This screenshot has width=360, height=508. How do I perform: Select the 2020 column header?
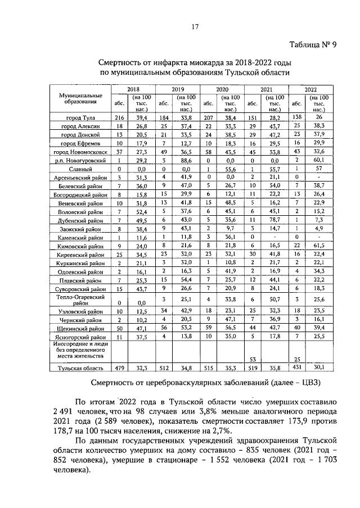222,89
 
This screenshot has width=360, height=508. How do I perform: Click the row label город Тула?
80,117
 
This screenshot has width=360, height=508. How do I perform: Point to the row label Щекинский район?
80,328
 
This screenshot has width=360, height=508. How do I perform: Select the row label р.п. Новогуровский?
80,161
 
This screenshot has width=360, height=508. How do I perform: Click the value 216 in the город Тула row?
119,117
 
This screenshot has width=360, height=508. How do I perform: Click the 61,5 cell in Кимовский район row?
318,246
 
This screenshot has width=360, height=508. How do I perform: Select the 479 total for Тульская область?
119,368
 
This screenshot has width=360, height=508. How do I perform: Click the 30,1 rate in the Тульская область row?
318,368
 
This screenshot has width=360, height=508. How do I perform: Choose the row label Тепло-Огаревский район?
80,299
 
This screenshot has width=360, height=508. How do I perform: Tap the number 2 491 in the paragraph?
63,412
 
